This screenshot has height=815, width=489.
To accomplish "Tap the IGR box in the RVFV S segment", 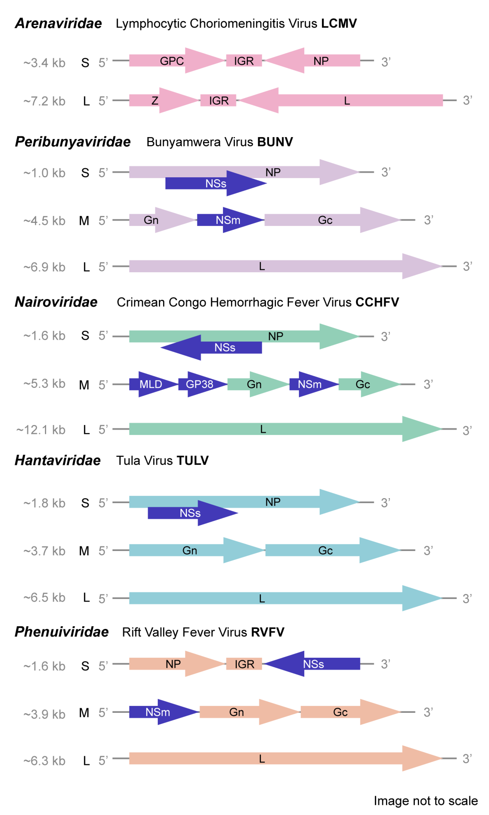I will pos(244,664).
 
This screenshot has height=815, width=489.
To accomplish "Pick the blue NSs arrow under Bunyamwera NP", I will pos(216,183).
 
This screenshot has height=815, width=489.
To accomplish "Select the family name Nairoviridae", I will pos(56,302).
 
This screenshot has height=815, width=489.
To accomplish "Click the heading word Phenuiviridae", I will pos(62,632).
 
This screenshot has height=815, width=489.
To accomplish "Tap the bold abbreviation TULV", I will pos(192,460).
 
